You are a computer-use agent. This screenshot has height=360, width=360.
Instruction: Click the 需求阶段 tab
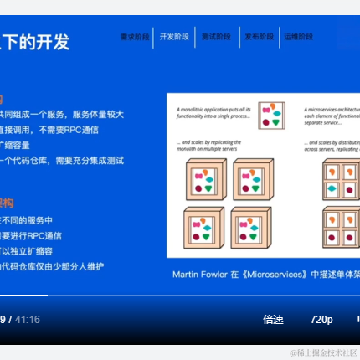135,37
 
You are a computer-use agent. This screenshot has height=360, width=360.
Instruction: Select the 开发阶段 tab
175,37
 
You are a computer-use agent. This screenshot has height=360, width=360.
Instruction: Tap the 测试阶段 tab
216,37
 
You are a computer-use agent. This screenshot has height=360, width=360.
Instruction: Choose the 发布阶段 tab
259,37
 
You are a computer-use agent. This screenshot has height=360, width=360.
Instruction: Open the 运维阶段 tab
299,37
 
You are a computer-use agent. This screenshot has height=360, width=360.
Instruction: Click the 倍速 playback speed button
273,319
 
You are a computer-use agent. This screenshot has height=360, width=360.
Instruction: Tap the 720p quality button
321,319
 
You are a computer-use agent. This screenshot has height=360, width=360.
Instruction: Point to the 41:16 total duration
28,319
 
